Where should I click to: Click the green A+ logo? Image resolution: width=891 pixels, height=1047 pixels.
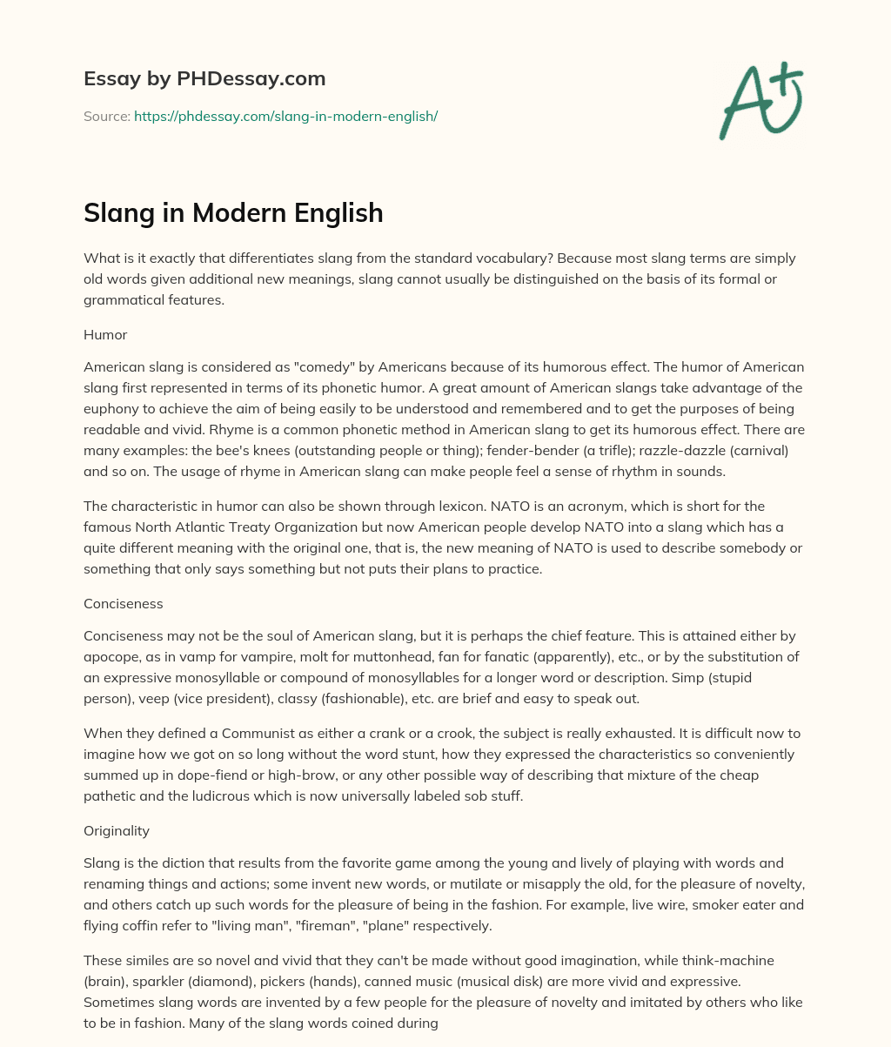[760, 103]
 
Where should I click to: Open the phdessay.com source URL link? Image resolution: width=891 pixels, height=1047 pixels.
[285, 116]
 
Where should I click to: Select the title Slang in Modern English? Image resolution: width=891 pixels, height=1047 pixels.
[233, 212]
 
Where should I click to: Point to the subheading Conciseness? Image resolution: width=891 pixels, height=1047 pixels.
[123, 603]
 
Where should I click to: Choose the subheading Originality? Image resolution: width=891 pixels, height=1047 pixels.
[117, 830]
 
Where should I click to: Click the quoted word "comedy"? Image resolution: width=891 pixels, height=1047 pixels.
[330, 367]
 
